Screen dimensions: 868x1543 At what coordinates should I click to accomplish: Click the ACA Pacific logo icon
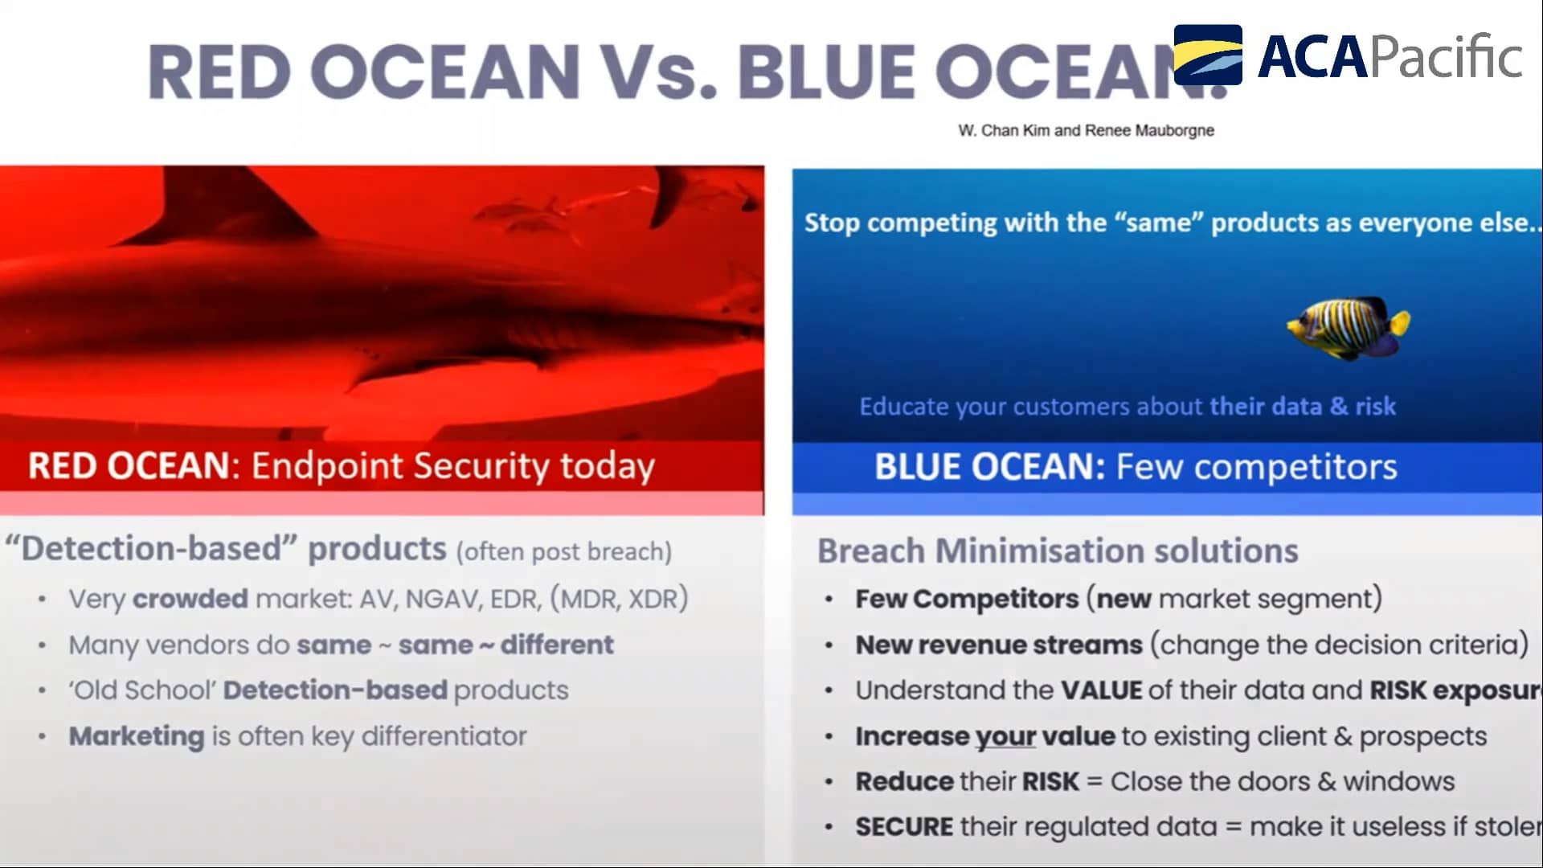pos(1207,55)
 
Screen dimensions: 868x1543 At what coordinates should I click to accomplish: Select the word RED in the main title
pos(219,72)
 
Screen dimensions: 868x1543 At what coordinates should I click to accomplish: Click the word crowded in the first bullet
pos(190,599)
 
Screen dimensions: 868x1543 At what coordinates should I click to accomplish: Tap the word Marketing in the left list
pos(137,736)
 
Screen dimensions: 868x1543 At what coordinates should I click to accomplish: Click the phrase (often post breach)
pos(563,552)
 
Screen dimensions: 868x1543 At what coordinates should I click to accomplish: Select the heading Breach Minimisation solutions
pos(1057,551)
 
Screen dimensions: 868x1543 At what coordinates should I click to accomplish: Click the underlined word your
pos(1005,736)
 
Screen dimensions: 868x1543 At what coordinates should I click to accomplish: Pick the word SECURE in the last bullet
pos(903,827)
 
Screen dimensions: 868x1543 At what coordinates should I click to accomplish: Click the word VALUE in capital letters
pos(1101,690)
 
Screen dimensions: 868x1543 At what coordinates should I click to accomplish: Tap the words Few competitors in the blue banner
pos(1256,467)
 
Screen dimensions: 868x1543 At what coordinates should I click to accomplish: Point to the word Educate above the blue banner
pos(903,407)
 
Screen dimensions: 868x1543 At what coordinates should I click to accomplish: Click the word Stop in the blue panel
pos(832,223)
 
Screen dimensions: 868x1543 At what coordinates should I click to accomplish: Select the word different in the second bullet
pos(557,645)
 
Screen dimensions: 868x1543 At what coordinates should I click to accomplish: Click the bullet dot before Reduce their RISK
pos(829,782)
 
